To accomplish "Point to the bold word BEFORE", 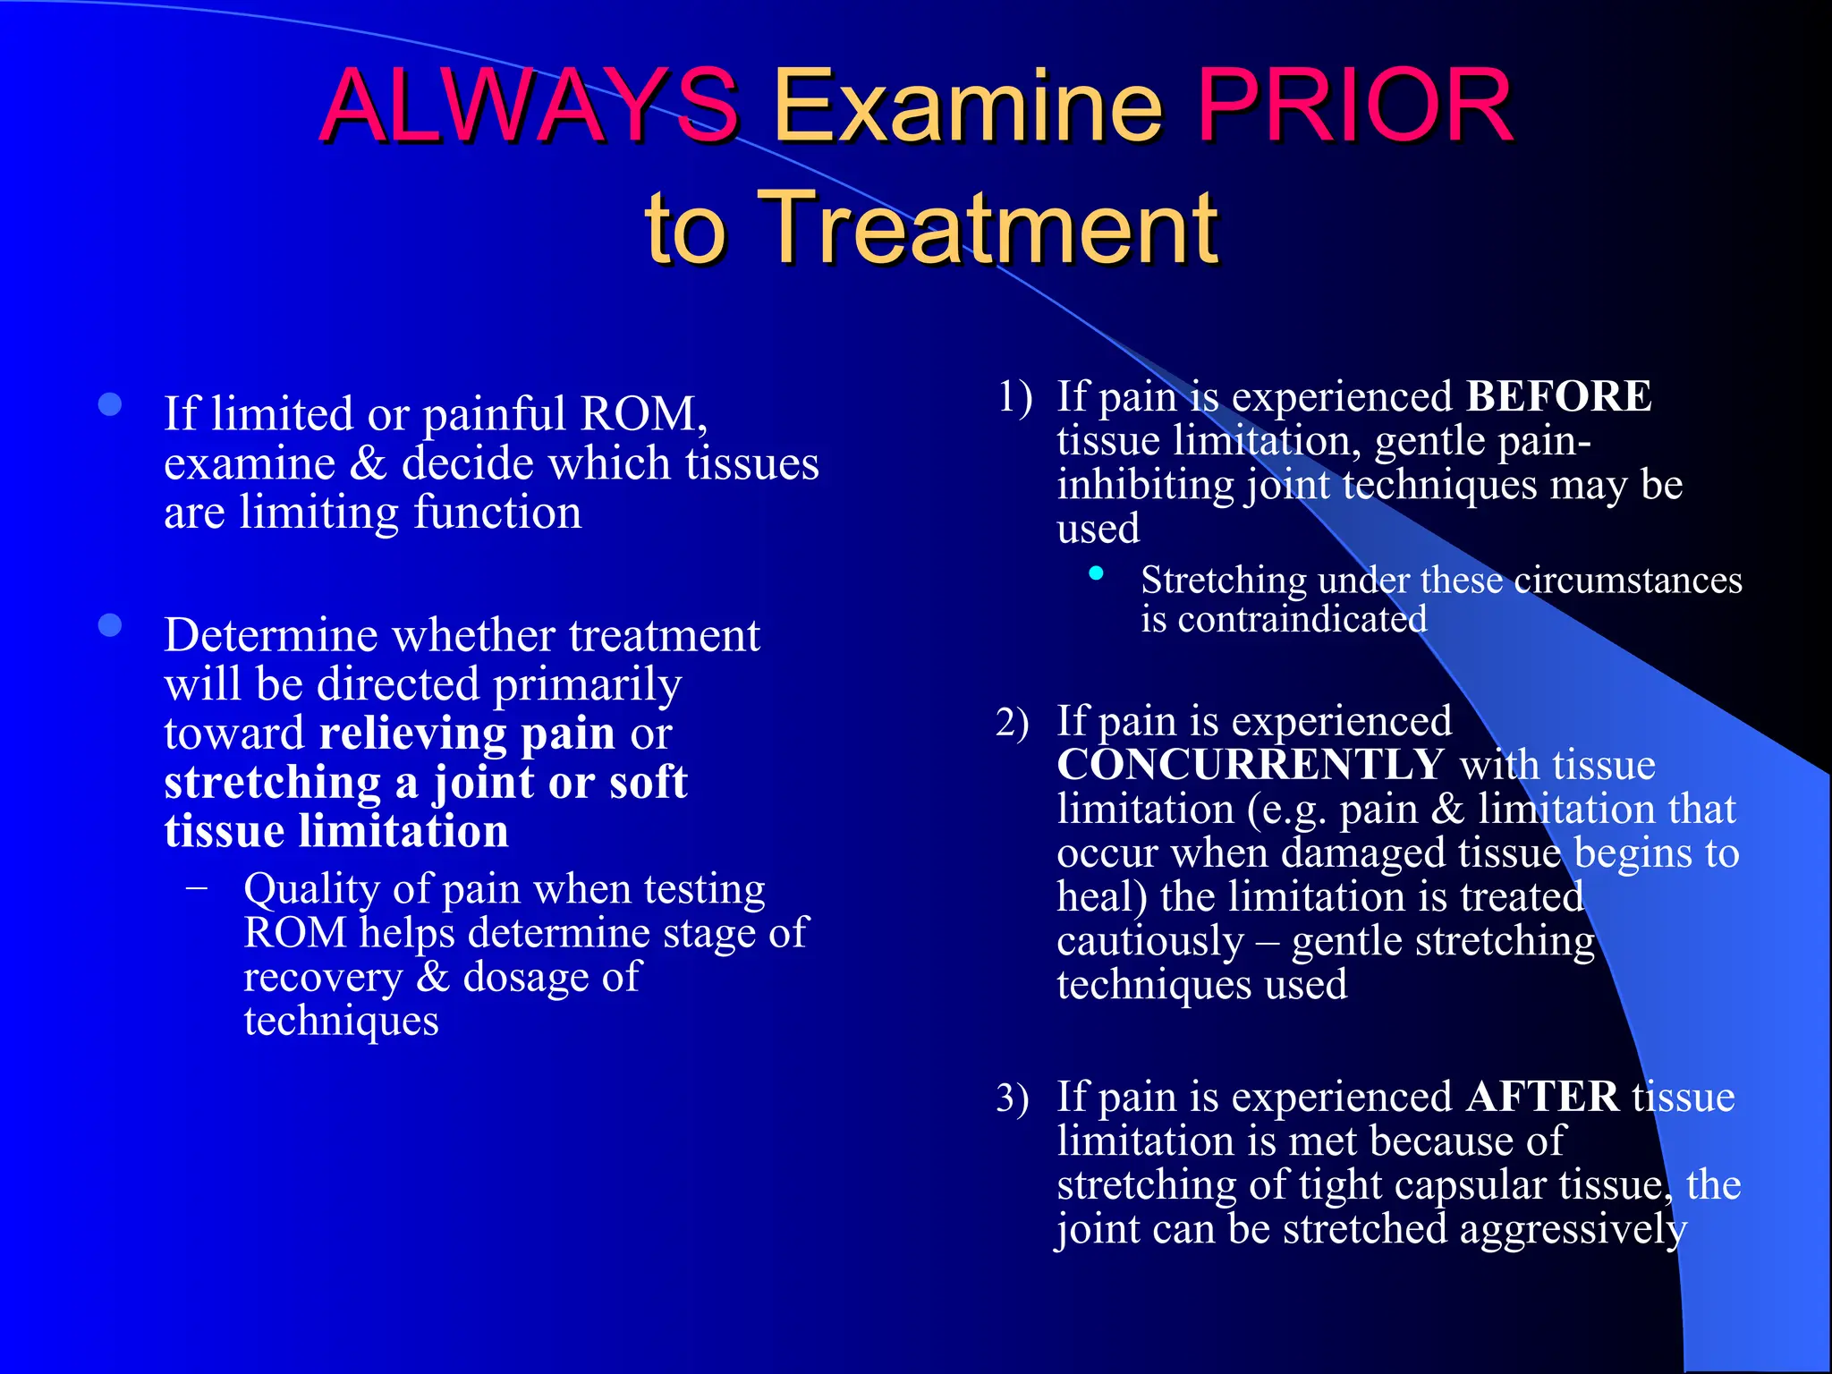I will point(1559,396).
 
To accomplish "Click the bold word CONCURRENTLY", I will point(1250,765).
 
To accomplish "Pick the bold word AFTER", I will point(1542,1097).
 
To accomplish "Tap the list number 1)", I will point(1015,396).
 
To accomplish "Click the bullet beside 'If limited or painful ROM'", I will point(110,405).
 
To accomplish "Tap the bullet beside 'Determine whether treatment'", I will point(110,625).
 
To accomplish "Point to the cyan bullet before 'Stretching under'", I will point(1096,573).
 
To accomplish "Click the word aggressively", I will point(1573,1229).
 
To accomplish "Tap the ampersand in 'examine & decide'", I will point(368,463).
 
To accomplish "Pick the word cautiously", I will point(1149,941).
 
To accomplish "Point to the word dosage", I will point(525,977).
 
